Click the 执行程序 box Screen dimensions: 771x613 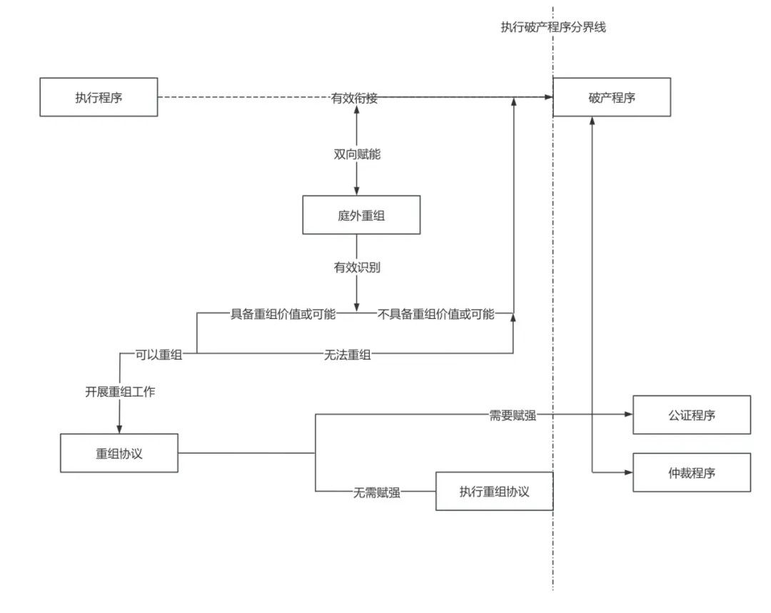(99, 97)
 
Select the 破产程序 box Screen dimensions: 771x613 (612, 97)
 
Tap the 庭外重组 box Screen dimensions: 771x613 (361, 215)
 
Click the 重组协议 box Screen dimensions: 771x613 (119, 453)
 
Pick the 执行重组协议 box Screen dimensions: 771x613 (495, 492)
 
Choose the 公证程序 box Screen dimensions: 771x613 (692, 415)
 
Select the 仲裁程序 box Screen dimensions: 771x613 (692, 472)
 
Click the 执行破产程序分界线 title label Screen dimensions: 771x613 (553, 27)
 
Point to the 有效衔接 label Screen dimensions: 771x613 (355, 98)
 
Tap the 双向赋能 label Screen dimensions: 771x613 (357, 154)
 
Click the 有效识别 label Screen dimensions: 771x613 (357, 268)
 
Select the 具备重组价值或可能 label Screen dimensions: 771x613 (283, 314)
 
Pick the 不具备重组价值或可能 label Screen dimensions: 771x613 (436, 314)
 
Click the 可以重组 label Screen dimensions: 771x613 (158, 355)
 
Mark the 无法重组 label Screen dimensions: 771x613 (347, 355)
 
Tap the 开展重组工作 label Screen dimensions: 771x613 (120, 392)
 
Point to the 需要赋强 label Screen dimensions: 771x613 (513, 415)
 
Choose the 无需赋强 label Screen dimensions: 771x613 (377, 492)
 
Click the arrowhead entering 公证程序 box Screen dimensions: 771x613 (629, 415)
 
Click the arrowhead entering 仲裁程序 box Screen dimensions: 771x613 (629, 472)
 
